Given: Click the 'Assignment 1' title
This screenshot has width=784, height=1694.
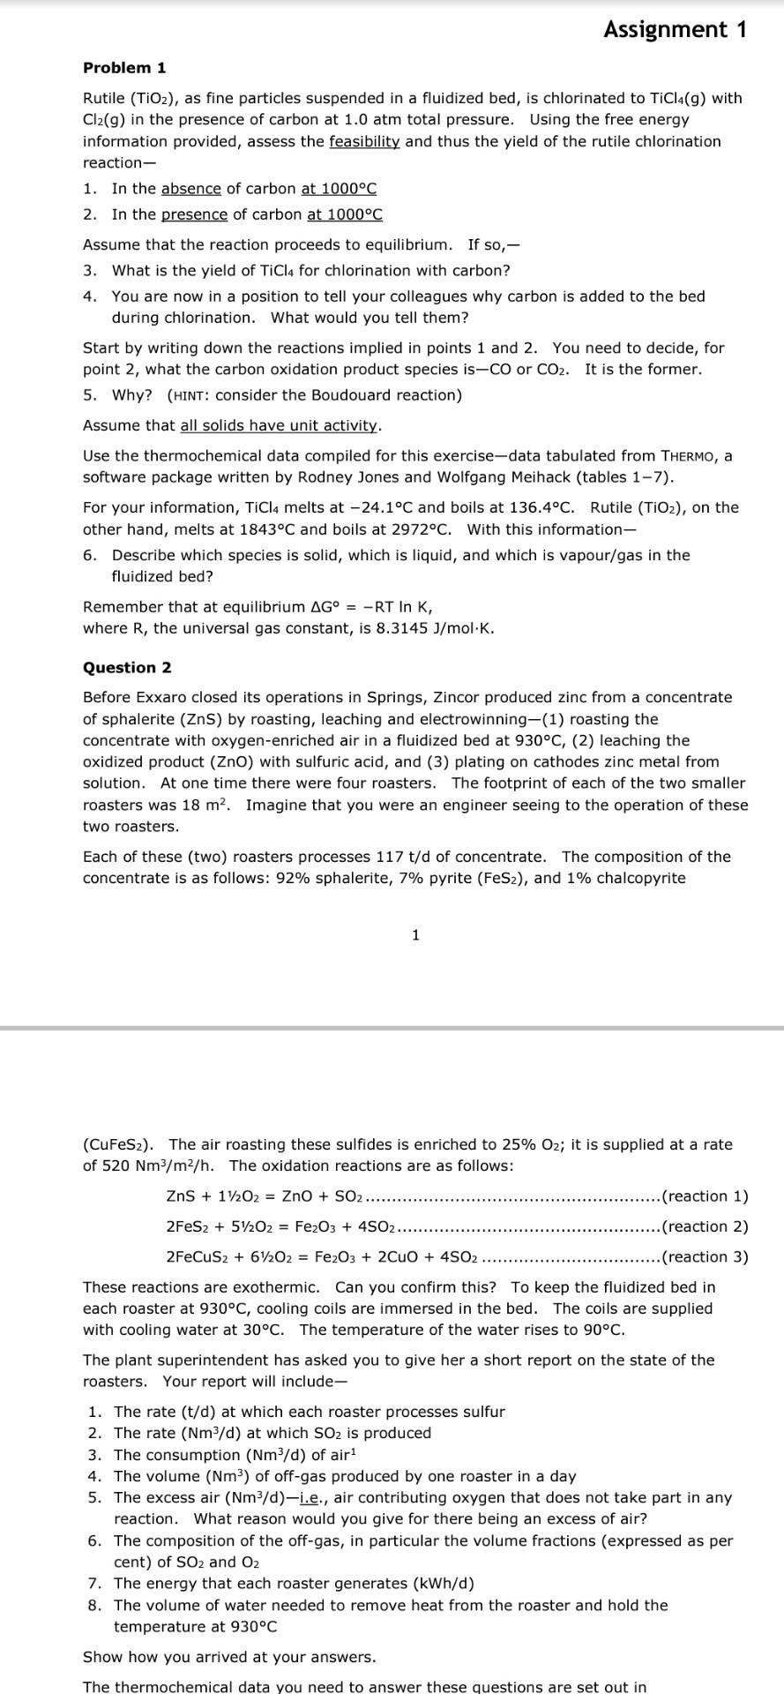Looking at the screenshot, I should point(675,29).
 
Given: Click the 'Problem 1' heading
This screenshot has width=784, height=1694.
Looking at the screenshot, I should point(124,68).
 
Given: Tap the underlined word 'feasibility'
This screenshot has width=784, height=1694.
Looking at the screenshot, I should point(364,141).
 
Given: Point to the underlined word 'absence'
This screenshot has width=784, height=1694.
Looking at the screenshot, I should point(190,188).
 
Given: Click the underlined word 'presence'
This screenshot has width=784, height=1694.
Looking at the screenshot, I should point(194,214).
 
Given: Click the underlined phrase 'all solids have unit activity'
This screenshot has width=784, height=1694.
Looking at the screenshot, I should point(279,425).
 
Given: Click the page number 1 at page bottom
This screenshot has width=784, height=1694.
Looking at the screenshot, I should point(415,934).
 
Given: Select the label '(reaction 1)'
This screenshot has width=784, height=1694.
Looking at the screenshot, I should point(704,1196).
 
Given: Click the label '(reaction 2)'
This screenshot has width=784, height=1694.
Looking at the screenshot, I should point(704,1226).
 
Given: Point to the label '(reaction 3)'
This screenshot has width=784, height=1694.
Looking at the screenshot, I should point(704,1256).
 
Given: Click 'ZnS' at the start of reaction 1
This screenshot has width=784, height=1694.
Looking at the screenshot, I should point(180,1196).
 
